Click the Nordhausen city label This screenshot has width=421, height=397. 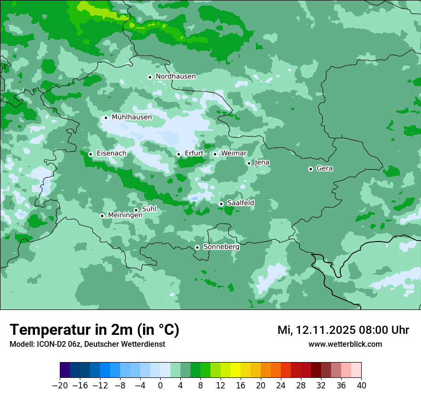pyautogui.click(x=176, y=77)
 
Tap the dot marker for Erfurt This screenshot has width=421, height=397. pyautogui.click(x=178, y=154)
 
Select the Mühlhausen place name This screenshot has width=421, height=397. pyautogui.click(x=132, y=117)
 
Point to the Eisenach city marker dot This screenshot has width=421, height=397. pyautogui.click(x=90, y=154)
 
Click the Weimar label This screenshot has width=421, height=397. pyautogui.click(x=233, y=153)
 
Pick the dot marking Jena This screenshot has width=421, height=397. pyautogui.click(x=249, y=163)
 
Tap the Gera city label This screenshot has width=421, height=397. pyautogui.click(x=324, y=168)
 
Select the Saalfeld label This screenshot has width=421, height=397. pyautogui.click(x=240, y=203)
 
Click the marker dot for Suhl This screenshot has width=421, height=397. pyautogui.click(x=136, y=210)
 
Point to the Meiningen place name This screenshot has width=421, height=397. pyautogui.click(x=125, y=216)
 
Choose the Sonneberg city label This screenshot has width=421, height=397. pyautogui.click(x=221, y=247)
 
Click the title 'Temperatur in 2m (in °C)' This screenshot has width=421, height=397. pyautogui.click(x=94, y=330)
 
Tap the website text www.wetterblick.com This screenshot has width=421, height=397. pyautogui.click(x=345, y=344)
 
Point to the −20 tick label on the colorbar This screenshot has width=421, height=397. pyautogui.click(x=60, y=386)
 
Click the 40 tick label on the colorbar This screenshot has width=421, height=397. pyautogui.click(x=361, y=386)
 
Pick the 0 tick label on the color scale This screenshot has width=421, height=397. pyautogui.click(x=160, y=386)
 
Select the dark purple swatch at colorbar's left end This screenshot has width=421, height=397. pyautogui.click(x=65, y=370)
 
